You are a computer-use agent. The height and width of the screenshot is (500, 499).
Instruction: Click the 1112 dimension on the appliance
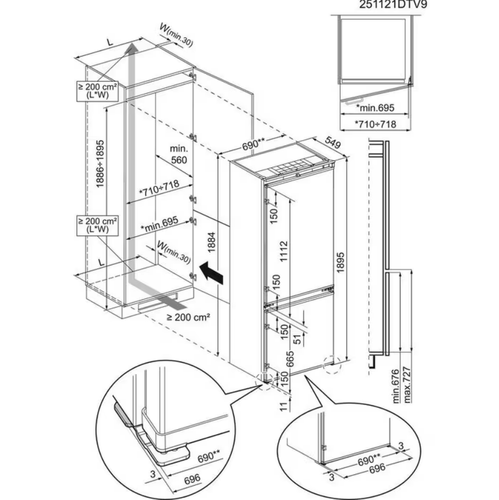coord(284,249)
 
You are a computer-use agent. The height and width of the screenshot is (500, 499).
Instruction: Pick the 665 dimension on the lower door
coord(290,359)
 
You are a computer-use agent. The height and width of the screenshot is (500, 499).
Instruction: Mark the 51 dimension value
coord(296,338)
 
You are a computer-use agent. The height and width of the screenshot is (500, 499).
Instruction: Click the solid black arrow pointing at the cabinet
coord(210,272)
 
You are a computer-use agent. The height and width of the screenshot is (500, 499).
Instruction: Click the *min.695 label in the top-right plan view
coord(376,108)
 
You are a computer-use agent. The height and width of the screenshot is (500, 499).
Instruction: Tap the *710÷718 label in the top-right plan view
coord(376,124)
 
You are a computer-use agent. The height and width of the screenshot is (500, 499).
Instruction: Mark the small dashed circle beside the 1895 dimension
coord(331,364)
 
